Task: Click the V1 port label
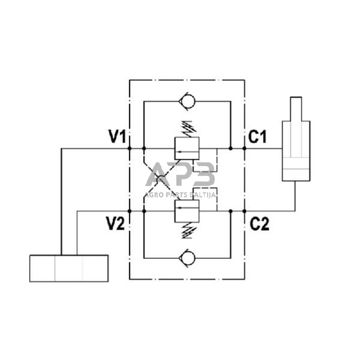116,137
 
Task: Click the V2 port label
115,224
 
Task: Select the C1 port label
257,137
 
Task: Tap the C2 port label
259,224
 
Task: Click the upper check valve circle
187,102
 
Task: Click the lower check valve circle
187,259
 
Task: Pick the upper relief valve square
187,148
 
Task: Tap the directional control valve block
69,268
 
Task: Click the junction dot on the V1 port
130,148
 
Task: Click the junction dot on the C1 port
244,148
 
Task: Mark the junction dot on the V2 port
130,211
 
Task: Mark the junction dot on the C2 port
244,211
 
